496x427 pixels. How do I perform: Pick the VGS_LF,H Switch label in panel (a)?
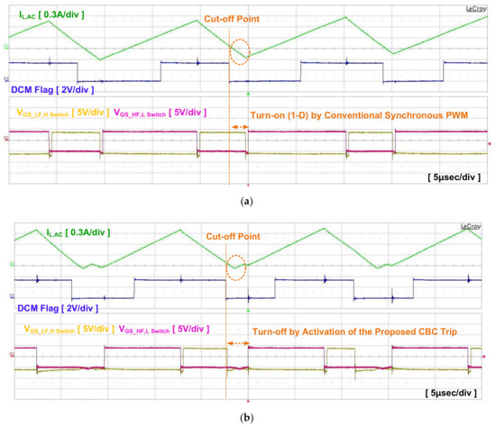(x=61, y=113)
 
